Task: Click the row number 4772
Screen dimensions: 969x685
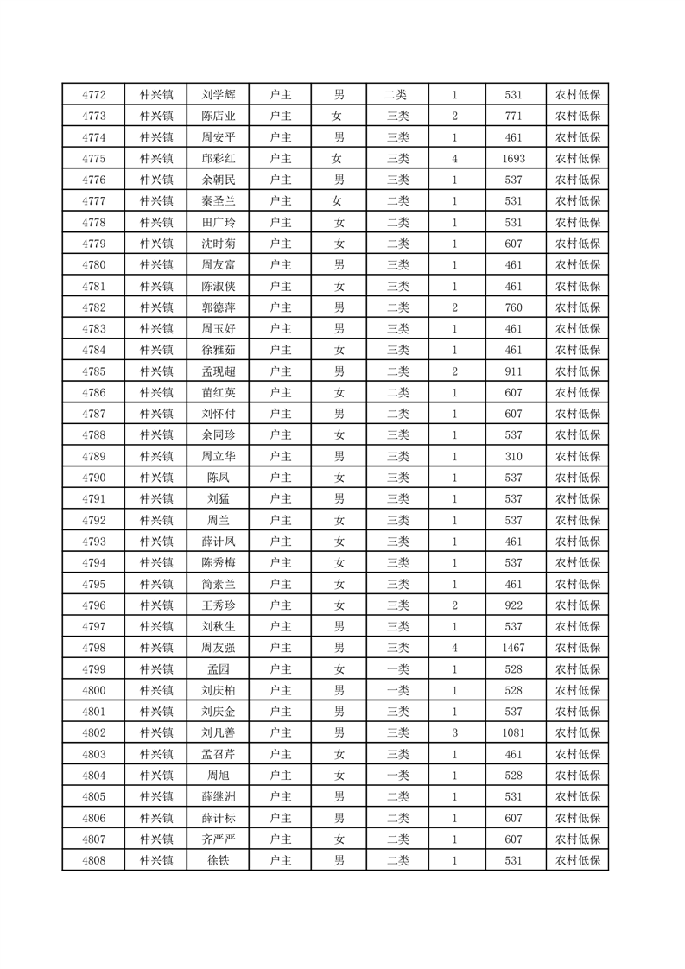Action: tap(93, 95)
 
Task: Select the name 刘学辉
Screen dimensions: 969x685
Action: tap(218, 95)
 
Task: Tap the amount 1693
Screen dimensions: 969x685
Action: tap(513, 159)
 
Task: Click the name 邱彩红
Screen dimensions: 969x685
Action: tap(218, 159)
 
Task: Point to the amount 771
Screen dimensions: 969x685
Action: tap(513, 117)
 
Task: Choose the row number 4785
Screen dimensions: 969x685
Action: tap(93, 371)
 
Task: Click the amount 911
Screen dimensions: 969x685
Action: tap(513, 371)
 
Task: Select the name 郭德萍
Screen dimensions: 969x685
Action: tap(218, 307)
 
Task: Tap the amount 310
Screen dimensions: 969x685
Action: tap(513, 456)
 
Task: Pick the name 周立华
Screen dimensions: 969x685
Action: tap(218, 456)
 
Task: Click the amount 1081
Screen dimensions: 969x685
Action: tap(513, 732)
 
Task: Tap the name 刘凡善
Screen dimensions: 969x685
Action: tap(218, 732)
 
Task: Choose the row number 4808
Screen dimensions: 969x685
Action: tap(93, 860)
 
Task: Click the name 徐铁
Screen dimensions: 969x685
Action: tap(218, 860)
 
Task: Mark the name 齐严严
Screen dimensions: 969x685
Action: tap(218, 839)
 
